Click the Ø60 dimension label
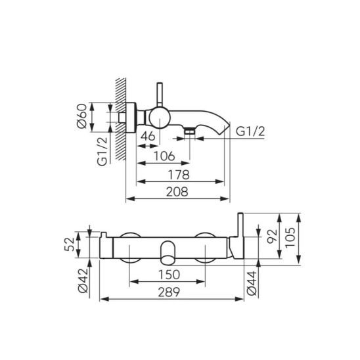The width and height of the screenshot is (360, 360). coord(82,116)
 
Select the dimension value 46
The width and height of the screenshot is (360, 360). coord(148,136)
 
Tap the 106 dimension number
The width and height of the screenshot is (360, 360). coord(164,156)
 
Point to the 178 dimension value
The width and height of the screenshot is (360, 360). coord(179,175)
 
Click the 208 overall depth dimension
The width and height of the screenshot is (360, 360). coord(177,192)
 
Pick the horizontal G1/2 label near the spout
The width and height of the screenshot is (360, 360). coord(250,131)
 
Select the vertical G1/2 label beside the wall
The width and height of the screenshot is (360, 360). coord(102,151)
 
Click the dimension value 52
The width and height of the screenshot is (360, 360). coord(70,244)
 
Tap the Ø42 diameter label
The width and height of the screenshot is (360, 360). coord(83,281)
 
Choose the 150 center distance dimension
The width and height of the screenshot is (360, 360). coord(169,275)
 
